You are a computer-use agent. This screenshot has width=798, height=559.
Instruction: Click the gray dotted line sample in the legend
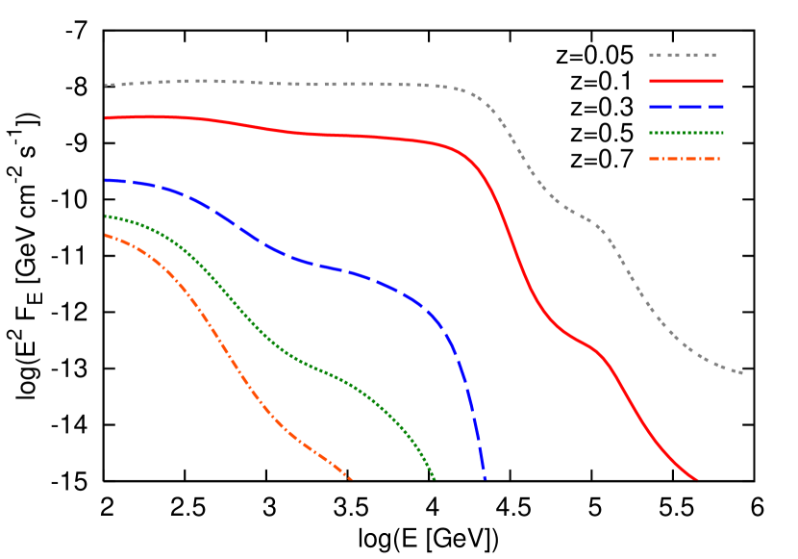(684, 56)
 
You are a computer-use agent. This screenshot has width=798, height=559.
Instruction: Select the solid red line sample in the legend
(686, 82)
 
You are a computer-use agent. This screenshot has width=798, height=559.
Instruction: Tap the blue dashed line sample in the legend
(686, 107)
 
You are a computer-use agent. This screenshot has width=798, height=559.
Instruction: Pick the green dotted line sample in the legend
(686, 133)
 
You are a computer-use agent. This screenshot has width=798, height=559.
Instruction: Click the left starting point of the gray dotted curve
(107, 86)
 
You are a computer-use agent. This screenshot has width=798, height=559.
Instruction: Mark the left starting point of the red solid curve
(107, 117)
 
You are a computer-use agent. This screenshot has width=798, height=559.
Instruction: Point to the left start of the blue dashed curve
(107, 180)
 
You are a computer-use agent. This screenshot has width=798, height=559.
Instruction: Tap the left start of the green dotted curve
(107, 216)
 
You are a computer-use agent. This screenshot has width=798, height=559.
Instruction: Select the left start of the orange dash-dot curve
(107, 235)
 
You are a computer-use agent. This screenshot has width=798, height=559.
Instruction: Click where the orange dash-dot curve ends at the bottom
(351, 478)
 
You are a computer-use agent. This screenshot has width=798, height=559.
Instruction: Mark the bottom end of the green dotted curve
(435, 478)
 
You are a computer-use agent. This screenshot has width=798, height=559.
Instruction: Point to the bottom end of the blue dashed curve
(485, 477)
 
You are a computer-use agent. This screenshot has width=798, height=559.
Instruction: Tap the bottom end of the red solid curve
(695, 478)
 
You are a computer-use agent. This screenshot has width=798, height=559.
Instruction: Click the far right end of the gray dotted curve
(741, 372)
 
